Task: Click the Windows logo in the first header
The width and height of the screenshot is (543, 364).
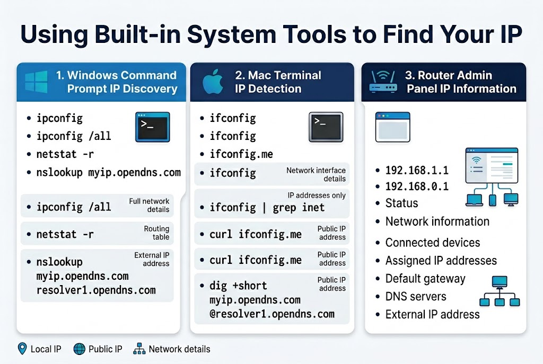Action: point(36,82)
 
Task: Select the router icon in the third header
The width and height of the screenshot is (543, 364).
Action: point(383,82)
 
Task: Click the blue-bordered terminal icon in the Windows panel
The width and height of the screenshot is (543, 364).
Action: point(153,127)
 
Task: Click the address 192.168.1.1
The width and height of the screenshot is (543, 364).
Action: point(417,170)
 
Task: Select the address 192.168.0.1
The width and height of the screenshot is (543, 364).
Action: point(417,187)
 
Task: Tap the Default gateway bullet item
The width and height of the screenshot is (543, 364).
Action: point(425,279)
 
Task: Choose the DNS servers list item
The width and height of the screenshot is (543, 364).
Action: point(416,297)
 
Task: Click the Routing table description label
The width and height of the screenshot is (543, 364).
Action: point(156,233)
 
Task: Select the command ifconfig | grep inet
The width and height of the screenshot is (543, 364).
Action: point(267,207)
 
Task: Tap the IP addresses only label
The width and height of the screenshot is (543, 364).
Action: point(317,196)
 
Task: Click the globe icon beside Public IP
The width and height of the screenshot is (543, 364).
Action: point(80,349)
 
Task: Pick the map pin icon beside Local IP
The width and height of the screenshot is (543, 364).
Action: point(22,349)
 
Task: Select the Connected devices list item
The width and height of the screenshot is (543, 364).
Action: point(432,243)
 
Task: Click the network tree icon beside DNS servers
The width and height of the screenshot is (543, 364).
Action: point(498,291)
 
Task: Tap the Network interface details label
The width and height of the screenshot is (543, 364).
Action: point(316,174)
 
